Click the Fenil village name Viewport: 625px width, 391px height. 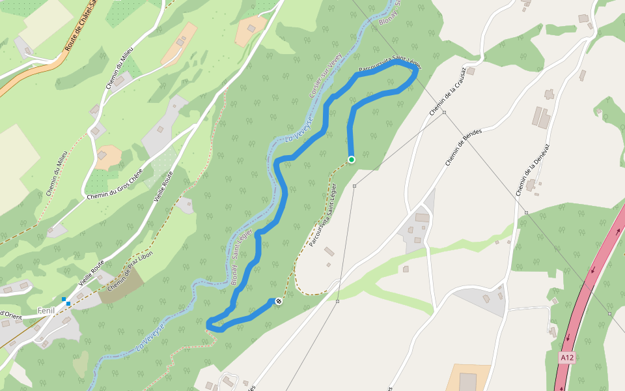point(46,311)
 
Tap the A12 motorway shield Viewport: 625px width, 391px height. point(567,358)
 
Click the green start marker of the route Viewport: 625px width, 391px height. point(352,160)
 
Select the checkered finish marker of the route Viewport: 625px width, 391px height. point(279,301)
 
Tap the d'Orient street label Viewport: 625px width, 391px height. point(11,314)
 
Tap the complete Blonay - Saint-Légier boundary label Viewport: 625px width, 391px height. point(242,263)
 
